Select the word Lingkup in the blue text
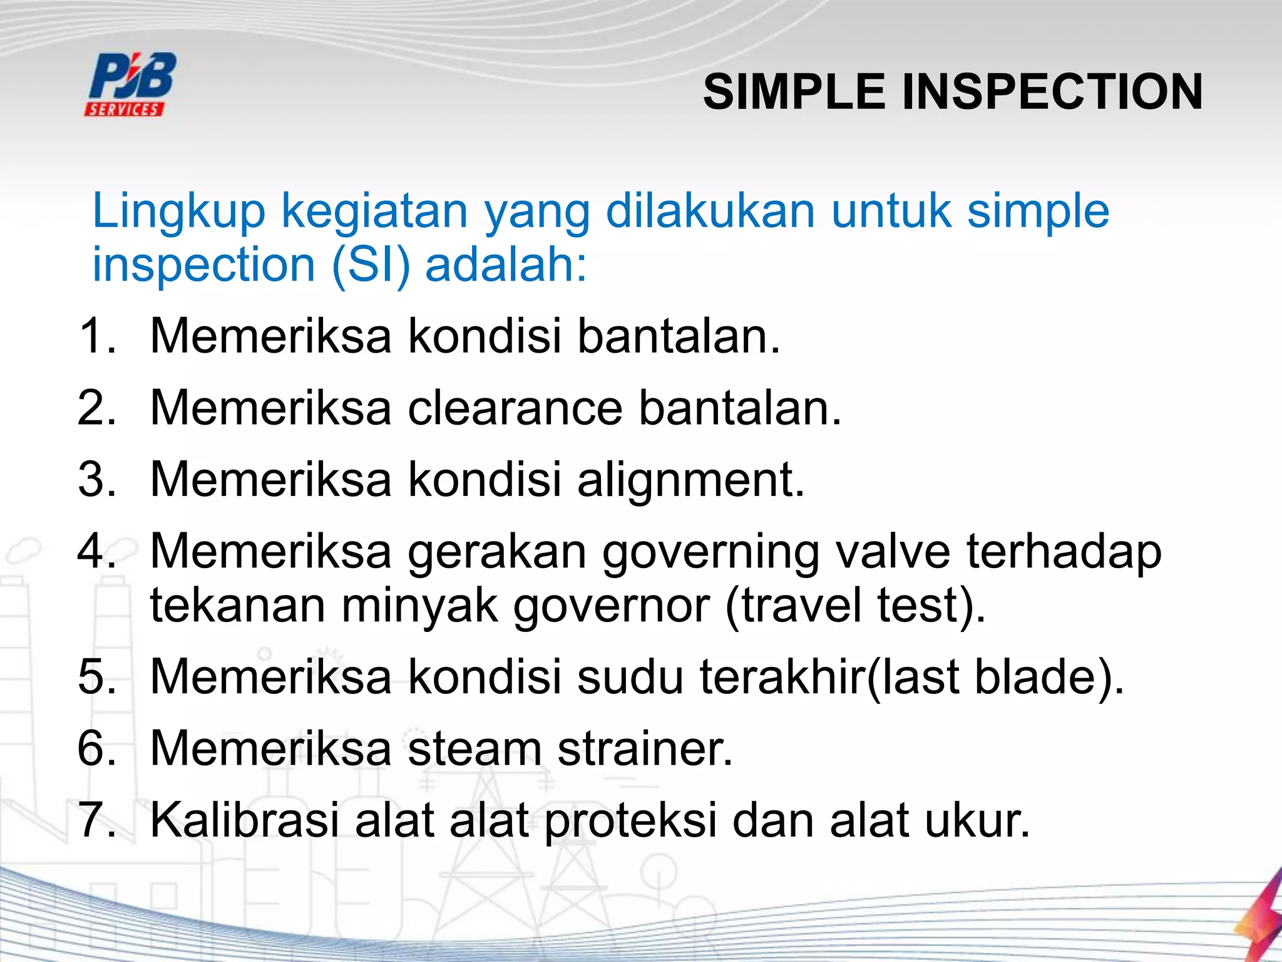[179, 212]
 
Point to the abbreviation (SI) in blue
[371, 265]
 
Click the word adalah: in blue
[506, 265]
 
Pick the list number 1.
[97, 336]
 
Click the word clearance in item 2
[515, 408]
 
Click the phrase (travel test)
[855, 606]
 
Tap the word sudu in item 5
[630, 677]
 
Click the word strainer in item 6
[645, 749]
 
